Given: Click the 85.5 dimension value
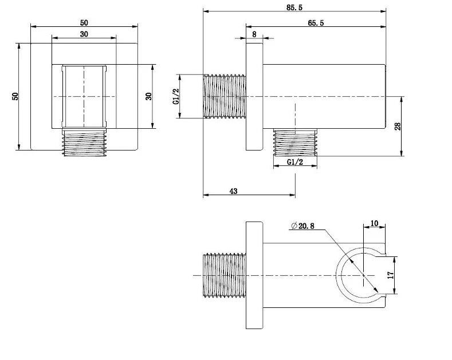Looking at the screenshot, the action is point(294,8).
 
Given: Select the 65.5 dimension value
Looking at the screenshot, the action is point(316,23).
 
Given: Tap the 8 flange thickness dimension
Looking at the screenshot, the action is point(254,34).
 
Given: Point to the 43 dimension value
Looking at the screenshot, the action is point(234,191).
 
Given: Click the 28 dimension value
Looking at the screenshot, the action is point(398,126).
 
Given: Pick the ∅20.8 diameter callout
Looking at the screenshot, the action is point(302,226).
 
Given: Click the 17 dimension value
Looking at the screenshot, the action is point(390,275).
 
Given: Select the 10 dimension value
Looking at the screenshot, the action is point(374,223).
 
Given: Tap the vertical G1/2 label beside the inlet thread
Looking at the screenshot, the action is point(176,97).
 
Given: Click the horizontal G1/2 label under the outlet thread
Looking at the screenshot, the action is point(295,162).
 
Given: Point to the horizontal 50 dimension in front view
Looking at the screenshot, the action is point(84,22).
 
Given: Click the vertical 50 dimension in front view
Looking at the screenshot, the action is point(15,96).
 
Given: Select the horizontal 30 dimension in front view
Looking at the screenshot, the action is point(84,34).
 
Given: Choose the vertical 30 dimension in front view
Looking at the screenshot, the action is point(148,96).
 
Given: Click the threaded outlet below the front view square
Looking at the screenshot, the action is point(84,142).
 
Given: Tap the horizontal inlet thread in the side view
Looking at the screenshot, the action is point(225,96).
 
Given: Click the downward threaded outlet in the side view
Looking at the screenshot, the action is point(295,143).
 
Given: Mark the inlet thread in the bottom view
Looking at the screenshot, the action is point(225,275).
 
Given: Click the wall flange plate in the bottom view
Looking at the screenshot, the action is point(254,275).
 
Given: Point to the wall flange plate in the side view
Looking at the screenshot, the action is point(254,97).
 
